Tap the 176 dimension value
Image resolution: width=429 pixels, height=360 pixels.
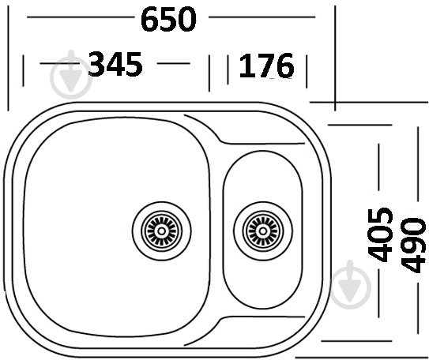pyautogui.click(x=265, y=66)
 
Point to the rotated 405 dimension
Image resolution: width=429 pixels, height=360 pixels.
pyautogui.click(x=382, y=234)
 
